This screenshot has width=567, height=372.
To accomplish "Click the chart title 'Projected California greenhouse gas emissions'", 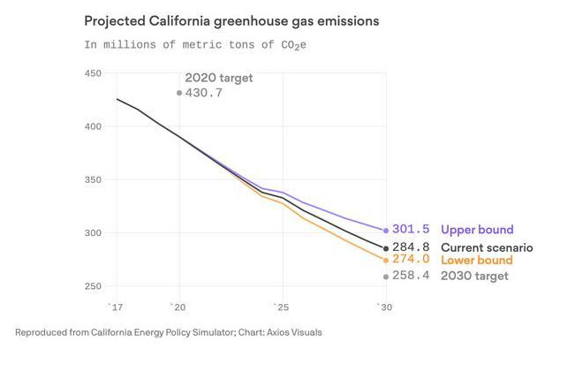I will point(231,20).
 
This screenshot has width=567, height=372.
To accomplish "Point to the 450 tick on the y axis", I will point(93,74).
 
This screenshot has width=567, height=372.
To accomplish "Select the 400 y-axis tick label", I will point(93,127).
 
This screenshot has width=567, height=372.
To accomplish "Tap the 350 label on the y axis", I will point(93,180).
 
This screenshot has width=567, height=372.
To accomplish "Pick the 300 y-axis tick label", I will point(93,233).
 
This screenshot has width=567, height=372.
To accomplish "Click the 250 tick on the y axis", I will point(93,286).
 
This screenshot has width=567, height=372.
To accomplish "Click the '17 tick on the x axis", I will point(115,307).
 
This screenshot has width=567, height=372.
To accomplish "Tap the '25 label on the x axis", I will point(280,307).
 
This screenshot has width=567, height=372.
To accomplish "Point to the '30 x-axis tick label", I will point(383,307).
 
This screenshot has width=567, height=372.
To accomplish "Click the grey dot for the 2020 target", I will point(179,93).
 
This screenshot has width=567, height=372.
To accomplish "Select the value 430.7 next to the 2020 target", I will point(204,93).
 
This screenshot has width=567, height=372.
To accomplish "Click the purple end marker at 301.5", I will point(386,231).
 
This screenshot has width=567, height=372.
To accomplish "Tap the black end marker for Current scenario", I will point(386,248).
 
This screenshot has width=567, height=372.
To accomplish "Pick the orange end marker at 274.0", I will point(386,260).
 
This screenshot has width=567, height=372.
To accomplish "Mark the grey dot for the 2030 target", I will point(386,277).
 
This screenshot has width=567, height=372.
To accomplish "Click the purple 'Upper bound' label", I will point(477,230).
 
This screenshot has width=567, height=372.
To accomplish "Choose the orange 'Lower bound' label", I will point(476,261).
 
